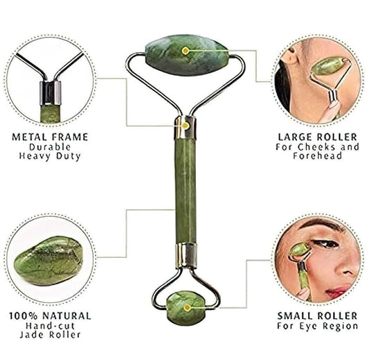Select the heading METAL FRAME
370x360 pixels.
[50, 137]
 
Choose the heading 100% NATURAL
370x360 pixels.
[50, 315]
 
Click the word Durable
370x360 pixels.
[50, 147]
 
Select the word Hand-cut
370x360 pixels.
[50, 325]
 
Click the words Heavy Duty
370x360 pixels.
[50, 156]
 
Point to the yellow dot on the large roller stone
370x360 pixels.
[185, 51]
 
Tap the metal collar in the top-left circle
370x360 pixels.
[50, 92]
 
